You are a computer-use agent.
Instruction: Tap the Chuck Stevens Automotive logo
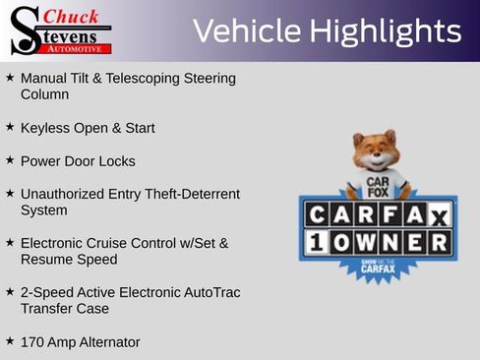click(x=61, y=30)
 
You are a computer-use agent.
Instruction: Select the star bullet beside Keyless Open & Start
click(x=10, y=127)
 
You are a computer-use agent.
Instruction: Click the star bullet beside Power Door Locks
click(x=10, y=159)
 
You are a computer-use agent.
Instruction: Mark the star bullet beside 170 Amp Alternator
click(x=10, y=340)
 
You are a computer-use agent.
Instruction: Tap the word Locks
click(x=116, y=160)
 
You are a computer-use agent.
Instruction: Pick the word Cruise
click(x=121, y=243)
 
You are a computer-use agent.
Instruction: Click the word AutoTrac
click(x=210, y=292)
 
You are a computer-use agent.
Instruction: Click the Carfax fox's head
click(x=376, y=151)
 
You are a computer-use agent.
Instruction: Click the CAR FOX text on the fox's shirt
click(x=379, y=185)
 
